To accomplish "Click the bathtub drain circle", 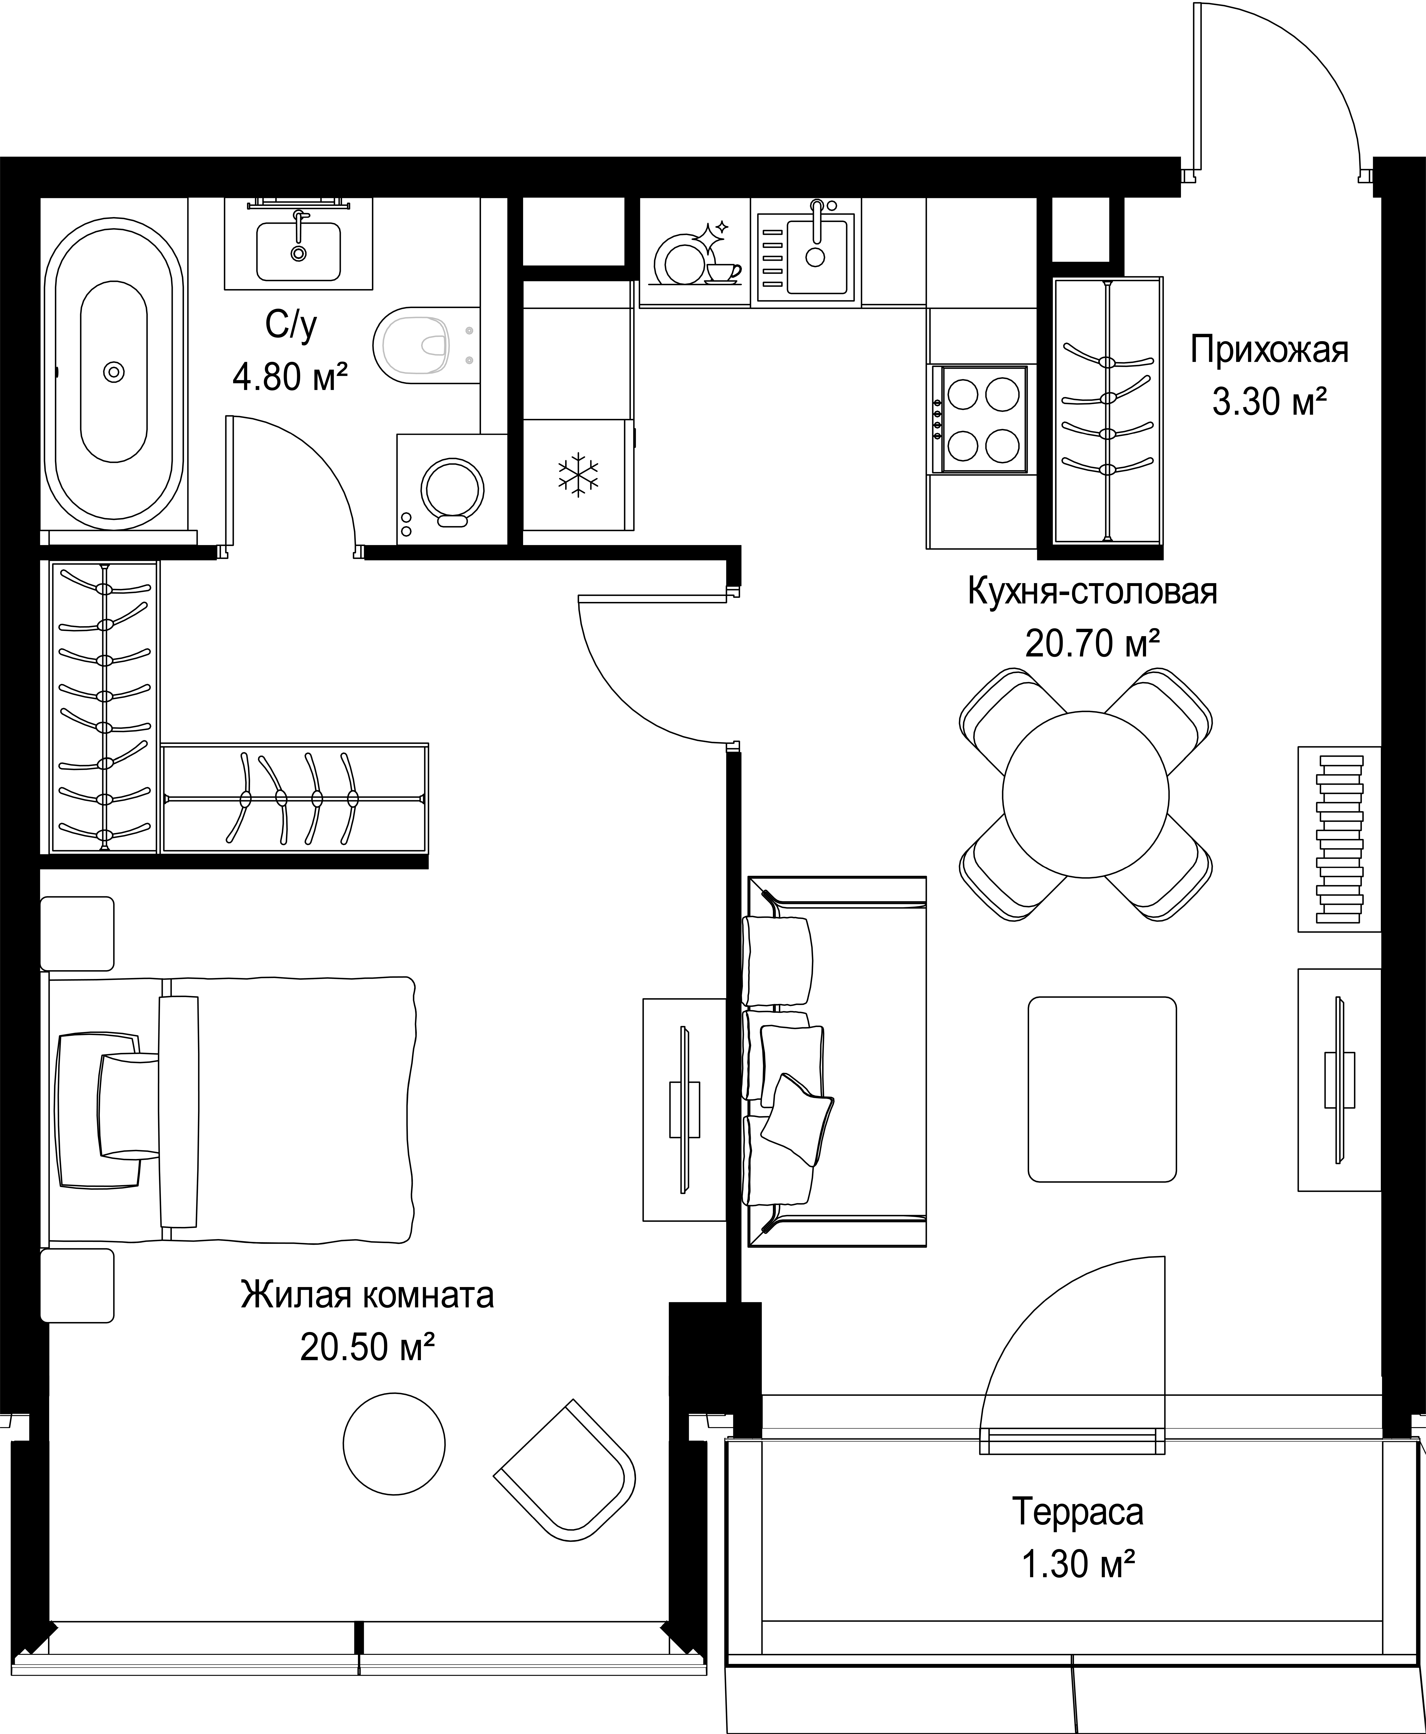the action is [x=114, y=372].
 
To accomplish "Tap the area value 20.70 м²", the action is [x=1093, y=644].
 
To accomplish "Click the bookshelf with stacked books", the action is [x=1339, y=839].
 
